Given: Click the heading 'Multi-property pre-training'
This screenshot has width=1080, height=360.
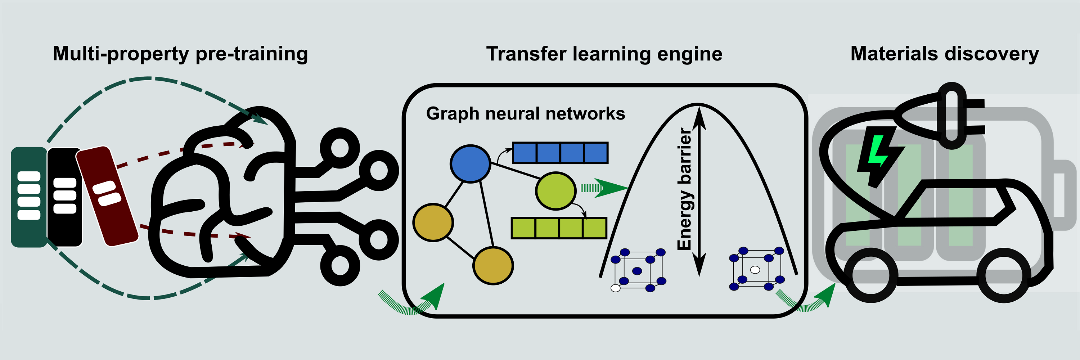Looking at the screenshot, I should pyautogui.click(x=180, y=54).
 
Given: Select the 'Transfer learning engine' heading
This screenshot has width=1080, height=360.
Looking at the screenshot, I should pyautogui.click(x=604, y=54).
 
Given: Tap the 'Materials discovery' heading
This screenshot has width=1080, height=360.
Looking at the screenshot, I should pyautogui.click(x=945, y=54).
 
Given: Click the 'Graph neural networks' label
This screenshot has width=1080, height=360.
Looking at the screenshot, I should pyautogui.click(x=525, y=113).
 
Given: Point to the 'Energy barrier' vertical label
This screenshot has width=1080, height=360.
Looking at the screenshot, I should pyautogui.click(x=684, y=189).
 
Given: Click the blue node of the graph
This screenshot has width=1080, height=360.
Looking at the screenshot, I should pyautogui.click(x=470, y=163).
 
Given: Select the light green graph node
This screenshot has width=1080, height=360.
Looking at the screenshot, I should pyautogui.click(x=555, y=191).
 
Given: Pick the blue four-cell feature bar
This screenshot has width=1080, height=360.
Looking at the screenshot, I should pyautogui.click(x=560, y=153).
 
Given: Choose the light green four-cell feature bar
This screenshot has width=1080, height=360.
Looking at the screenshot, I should pyautogui.click(x=559, y=228).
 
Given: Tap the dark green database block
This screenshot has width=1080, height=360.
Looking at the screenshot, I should pyautogui.click(x=28, y=197).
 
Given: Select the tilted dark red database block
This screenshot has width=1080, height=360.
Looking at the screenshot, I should pyautogui.click(x=107, y=195).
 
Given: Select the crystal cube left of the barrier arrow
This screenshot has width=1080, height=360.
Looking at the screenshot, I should pyautogui.click(x=637, y=270).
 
